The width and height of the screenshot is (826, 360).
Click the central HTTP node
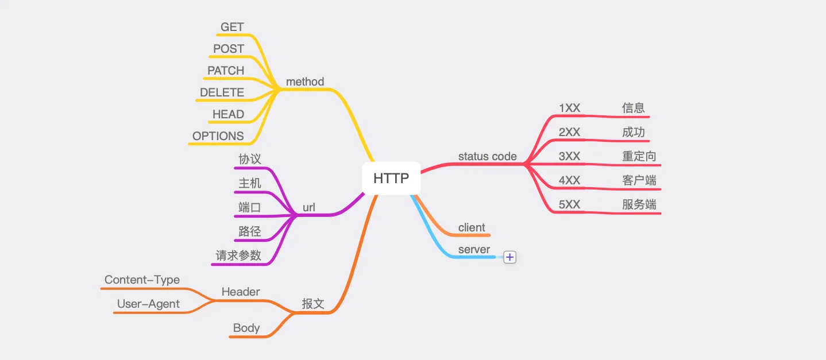point(391,178)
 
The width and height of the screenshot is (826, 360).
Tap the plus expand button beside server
point(510,257)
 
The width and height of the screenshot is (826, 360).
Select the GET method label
point(232,27)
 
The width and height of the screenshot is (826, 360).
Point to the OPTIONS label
point(218,136)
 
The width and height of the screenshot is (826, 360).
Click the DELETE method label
point(222,92)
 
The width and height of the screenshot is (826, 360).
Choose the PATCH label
point(226,71)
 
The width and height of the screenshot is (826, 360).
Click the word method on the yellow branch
point(305,82)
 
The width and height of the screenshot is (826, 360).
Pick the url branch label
point(309,208)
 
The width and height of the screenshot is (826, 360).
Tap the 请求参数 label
point(238,256)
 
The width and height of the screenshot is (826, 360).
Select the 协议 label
point(250,158)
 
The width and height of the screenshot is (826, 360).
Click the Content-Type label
point(142,280)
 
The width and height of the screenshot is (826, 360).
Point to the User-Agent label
point(148,304)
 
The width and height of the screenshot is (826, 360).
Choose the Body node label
point(246,328)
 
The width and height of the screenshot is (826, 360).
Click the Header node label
point(241,292)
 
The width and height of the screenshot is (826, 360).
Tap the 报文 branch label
point(313,304)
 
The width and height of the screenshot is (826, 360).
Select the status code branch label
point(487,156)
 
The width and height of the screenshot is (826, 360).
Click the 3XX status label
point(570,156)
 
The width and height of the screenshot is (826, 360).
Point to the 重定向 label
point(639,156)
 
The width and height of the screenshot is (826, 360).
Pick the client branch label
point(472,228)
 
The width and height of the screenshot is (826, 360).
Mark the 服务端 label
point(639,204)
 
